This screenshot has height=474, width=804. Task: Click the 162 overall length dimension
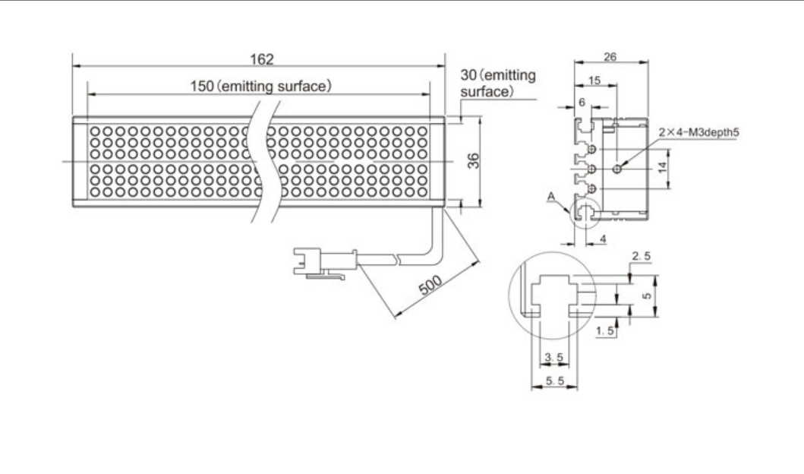pyautogui.click(x=261, y=59)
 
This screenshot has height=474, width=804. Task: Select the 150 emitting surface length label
pyautogui.click(x=261, y=86)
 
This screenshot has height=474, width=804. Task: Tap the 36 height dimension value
pyautogui.click(x=474, y=160)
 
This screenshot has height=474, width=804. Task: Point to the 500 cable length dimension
pyautogui.click(x=430, y=286)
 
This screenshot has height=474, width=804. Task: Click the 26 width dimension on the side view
pyautogui.click(x=610, y=57)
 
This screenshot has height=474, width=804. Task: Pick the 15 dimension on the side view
pyautogui.click(x=594, y=81)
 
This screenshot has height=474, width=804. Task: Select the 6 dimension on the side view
pyautogui.click(x=582, y=103)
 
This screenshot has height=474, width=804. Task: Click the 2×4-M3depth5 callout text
pyautogui.click(x=699, y=132)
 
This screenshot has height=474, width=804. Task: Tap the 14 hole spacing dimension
pyautogui.click(x=663, y=167)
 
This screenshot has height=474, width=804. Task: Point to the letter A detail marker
pyautogui.click(x=551, y=197)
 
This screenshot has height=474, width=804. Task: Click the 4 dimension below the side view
pyautogui.click(x=603, y=239)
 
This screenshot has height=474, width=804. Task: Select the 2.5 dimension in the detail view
pyautogui.click(x=641, y=256)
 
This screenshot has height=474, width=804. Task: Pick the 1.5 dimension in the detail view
pyautogui.click(x=605, y=331)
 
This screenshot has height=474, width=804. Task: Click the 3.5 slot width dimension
pyautogui.click(x=553, y=357)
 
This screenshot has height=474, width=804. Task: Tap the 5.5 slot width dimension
pyautogui.click(x=555, y=381)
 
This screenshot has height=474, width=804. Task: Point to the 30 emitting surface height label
pyautogui.click(x=498, y=83)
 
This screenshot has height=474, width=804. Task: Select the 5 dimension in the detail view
pyautogui.click(x=647, y=296)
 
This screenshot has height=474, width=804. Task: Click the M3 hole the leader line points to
pyautogui.click(x=617, y=169)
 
